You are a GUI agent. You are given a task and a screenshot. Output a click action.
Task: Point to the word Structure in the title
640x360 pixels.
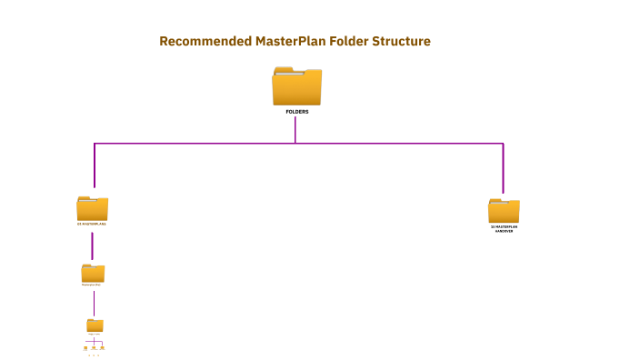pyautogui.click(x=401, y=42)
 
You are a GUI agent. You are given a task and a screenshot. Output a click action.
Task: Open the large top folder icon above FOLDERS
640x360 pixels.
pyautogui.click(x=296, y=86)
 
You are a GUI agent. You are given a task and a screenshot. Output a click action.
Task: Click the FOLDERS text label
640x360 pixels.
pyautogui.click(x=296, y=111)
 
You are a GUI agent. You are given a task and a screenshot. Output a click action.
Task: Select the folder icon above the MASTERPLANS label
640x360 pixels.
pyautogui.click(x=93, y=207)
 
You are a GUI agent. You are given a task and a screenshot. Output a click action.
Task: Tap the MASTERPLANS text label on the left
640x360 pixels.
pyautogui.click(x=93, y=223)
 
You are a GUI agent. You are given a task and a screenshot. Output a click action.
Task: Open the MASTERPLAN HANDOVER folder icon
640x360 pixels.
pyautogui.click(x=504, y=210)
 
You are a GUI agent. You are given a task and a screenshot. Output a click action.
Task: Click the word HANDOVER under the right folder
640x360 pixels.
pyautogui.click(x=504, y=231)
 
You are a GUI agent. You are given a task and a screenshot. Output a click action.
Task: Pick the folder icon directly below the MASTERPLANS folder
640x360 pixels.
pyautogui.click(x=93, y=273)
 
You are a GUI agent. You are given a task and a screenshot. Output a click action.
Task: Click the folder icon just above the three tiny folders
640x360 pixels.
pyautogui.click(x=95, y=325)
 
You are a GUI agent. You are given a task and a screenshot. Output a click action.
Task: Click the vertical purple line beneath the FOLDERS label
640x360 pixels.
pyautogui.click(x=295, y=129)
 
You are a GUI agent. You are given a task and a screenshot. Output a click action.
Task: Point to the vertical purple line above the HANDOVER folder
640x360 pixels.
pyautogui.click(x=503, y=168)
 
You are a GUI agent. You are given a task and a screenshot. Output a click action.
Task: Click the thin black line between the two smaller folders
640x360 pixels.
pyautogui.click(x=94, y=303)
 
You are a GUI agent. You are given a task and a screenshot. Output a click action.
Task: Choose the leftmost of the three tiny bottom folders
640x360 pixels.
pyautogui.click(x=85, y=347)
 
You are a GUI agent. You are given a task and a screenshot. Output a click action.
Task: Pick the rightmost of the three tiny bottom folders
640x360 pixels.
pyautogui.click(x=103, y=347)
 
